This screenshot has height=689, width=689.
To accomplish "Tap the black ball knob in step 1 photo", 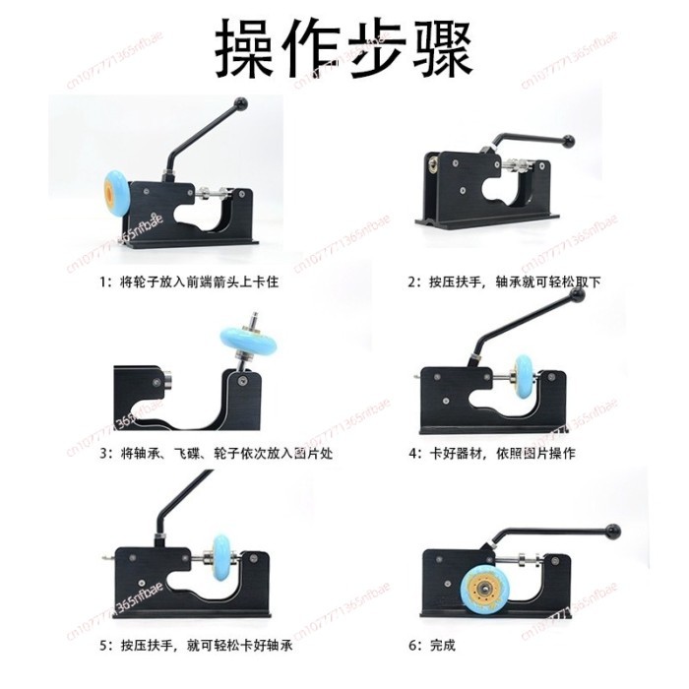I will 238,103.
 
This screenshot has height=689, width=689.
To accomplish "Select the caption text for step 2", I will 505,282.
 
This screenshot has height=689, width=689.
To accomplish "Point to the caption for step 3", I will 198,454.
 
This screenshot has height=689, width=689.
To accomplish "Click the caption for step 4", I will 492,454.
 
